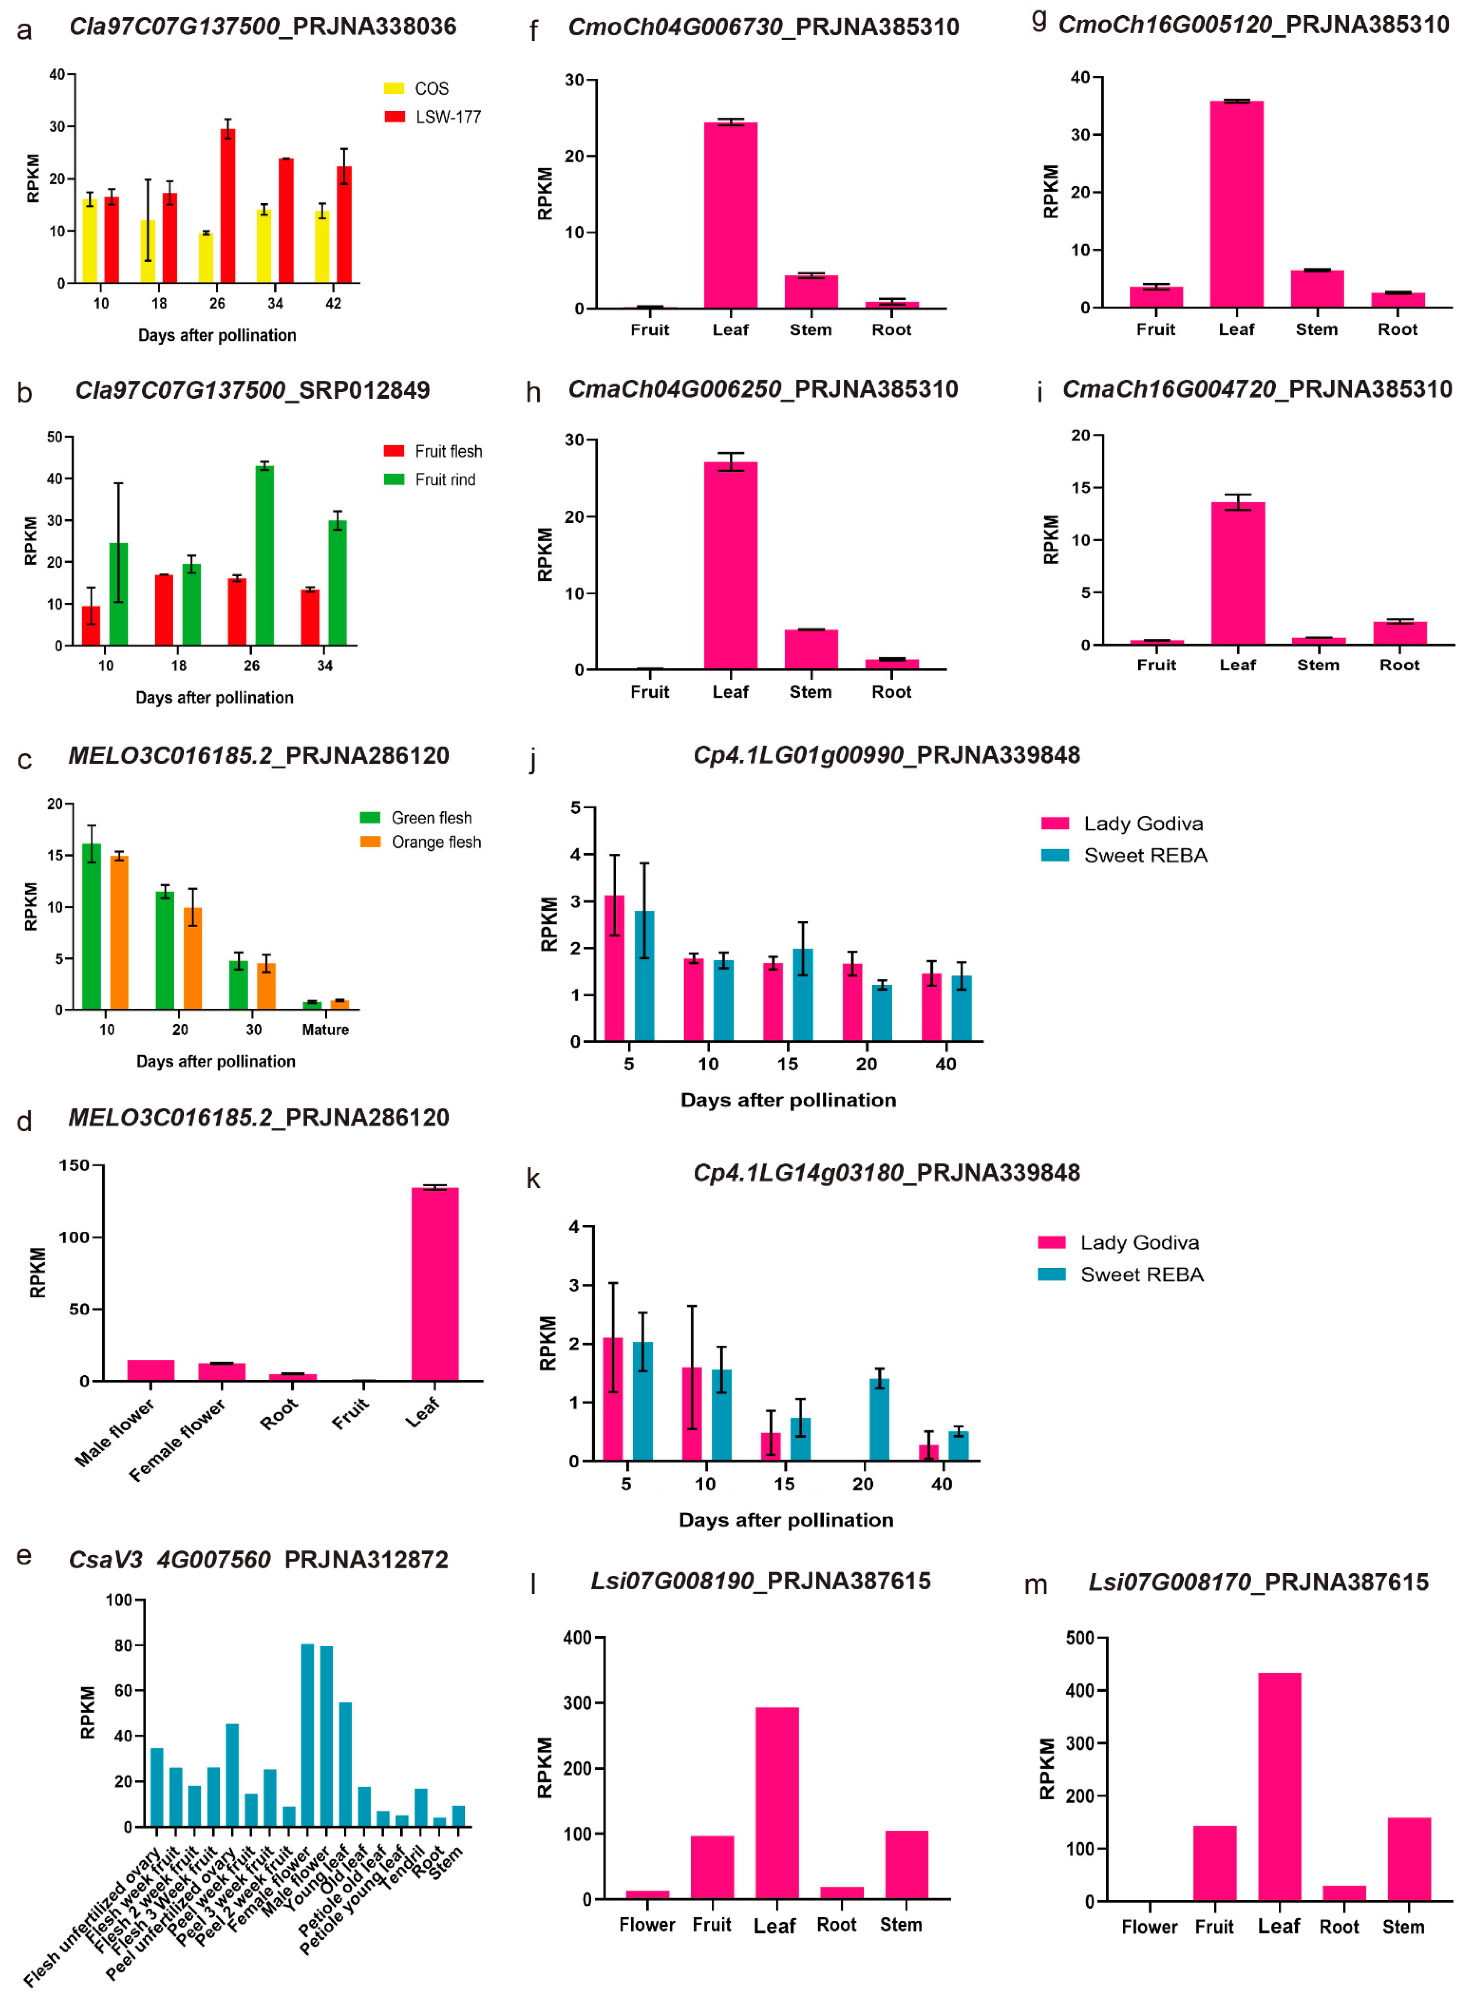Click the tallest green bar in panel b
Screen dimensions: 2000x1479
(x=264, y=555)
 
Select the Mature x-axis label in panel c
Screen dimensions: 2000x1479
(x=325, y=1030)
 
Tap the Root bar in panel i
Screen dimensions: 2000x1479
(x=1399, y=633)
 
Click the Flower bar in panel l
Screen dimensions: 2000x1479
(x=647, y=1894)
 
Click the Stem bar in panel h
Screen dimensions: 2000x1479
(x=811, y=649)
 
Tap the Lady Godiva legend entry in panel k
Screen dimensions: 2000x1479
(x=1139, y=1243)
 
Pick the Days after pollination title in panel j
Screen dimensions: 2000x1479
(x=788, y=1100)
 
